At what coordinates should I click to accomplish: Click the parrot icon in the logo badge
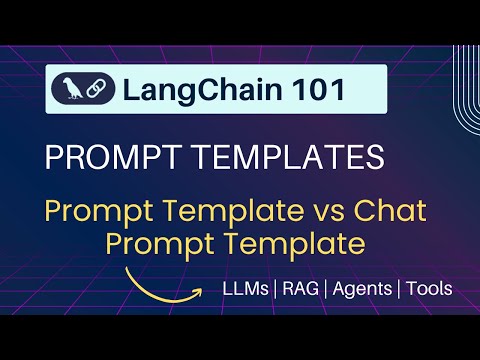[x=72, y=89]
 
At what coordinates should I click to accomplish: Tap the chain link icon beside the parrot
[x=99, y=90]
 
